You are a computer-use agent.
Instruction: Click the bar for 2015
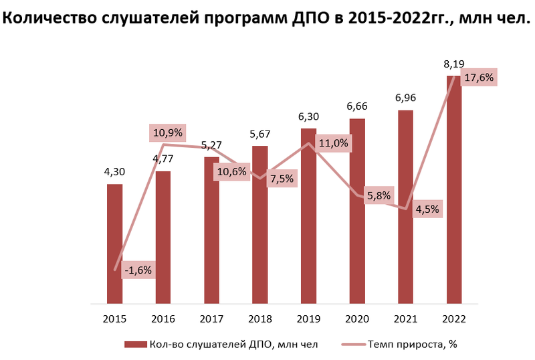[x=114, y=244]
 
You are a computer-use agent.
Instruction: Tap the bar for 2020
[x=357, y=211]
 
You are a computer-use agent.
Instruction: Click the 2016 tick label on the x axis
[x=163, y=319]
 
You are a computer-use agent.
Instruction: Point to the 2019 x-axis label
[x=308, y=319]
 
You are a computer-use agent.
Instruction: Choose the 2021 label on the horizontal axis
[x=405, y=319]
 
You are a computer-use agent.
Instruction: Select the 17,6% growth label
[x=477, y=78]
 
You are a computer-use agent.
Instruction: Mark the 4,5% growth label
[x=427, y=209]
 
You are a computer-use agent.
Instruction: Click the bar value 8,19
[x=453, y=64]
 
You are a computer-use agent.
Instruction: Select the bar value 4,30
[x=114, y=172]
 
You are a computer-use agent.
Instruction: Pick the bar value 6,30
[x=308, y=117]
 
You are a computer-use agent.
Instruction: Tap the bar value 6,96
[x=405, y=98]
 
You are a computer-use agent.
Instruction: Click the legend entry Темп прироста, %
[x=412, y=345]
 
